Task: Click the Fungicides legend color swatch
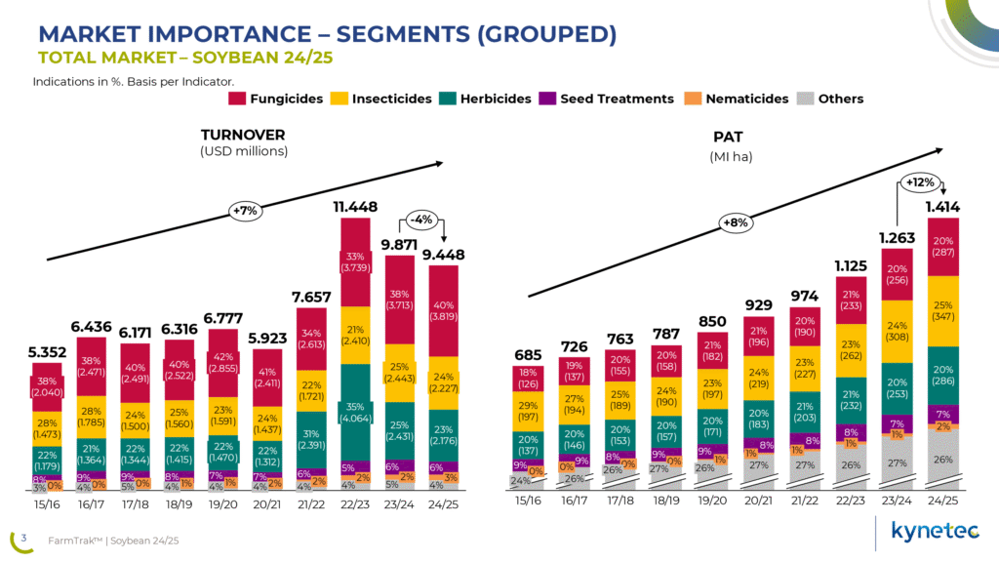pyautogui.click(x=237, y=99)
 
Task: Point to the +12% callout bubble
pyautogui.click(x=919, y=182)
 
